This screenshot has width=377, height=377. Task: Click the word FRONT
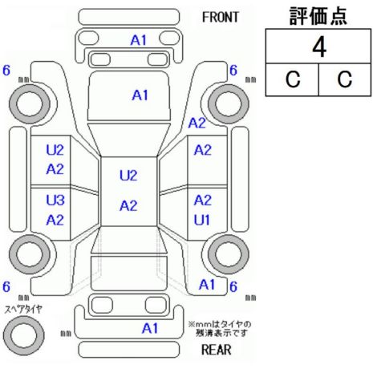click(221, 18)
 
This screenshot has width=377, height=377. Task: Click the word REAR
click(216, 350)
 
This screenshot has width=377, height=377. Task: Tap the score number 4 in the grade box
click(319, 47)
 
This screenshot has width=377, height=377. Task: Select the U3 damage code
click(55, 200)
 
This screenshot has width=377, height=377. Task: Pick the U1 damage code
click(202, 220)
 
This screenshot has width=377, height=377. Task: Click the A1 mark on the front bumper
click(139, 40)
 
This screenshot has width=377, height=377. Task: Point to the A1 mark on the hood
click(140, 95)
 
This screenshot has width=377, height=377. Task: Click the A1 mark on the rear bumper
click(150, 328)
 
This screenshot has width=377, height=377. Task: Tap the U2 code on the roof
click(128, 176)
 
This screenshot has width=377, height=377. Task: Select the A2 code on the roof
click(128, 206)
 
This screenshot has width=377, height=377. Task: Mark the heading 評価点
click(318, 16)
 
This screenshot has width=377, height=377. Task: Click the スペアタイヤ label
click(23, 310)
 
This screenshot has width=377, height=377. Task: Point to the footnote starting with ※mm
click(220, 329)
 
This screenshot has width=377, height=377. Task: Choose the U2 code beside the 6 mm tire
click(55, 150)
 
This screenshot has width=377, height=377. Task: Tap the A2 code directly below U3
click(55, 220)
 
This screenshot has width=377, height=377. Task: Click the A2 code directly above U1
click(203, 201)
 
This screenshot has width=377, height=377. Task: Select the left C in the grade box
click(293, 79)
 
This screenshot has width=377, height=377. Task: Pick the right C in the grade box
click(345, 79)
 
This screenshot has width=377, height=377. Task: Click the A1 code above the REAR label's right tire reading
click(207, 285)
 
